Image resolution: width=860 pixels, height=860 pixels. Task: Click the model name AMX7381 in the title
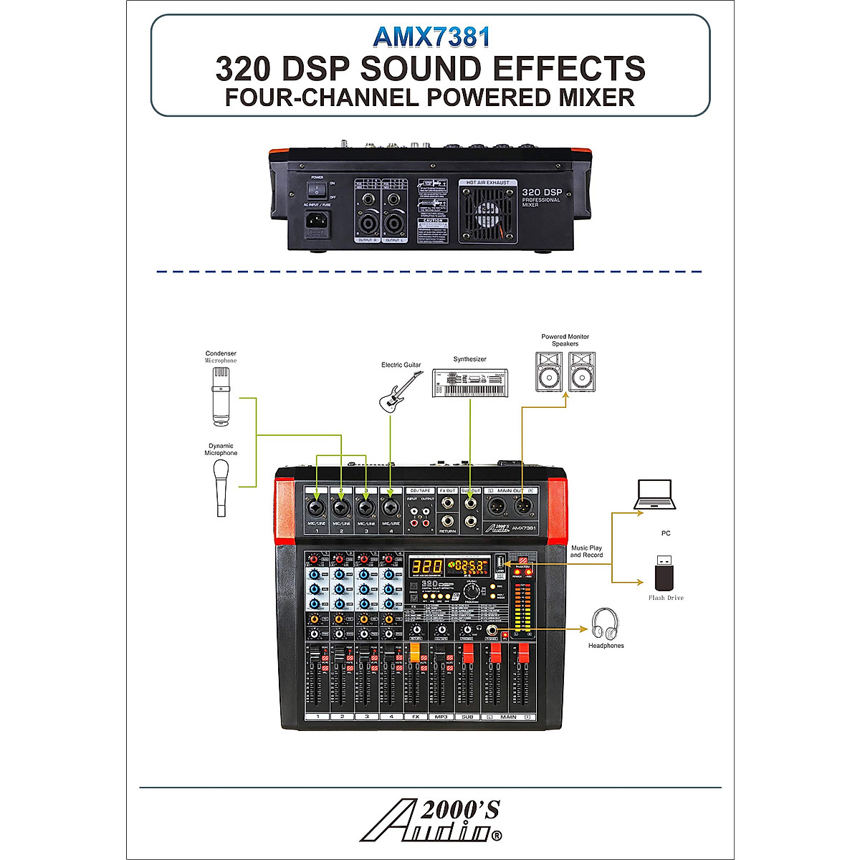tap(431, 37)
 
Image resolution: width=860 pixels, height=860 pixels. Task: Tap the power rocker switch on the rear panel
tap(317, 188)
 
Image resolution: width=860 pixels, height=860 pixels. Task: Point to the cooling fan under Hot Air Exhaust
tap(487, 214)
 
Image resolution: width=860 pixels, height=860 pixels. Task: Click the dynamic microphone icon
tap(221, 487)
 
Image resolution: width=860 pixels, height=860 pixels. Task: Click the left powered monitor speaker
tap(550, 372)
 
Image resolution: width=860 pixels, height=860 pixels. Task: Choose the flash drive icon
tap(666, 573)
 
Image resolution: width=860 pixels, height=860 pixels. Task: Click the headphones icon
tap(605, 623)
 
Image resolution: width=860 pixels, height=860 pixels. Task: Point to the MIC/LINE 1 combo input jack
tap(317, 508)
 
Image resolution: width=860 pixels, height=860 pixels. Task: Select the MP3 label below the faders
tap(441, 717)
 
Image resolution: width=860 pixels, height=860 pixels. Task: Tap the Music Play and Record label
tap(586, 551)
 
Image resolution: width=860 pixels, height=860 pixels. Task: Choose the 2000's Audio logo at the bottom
tap(431, 821)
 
